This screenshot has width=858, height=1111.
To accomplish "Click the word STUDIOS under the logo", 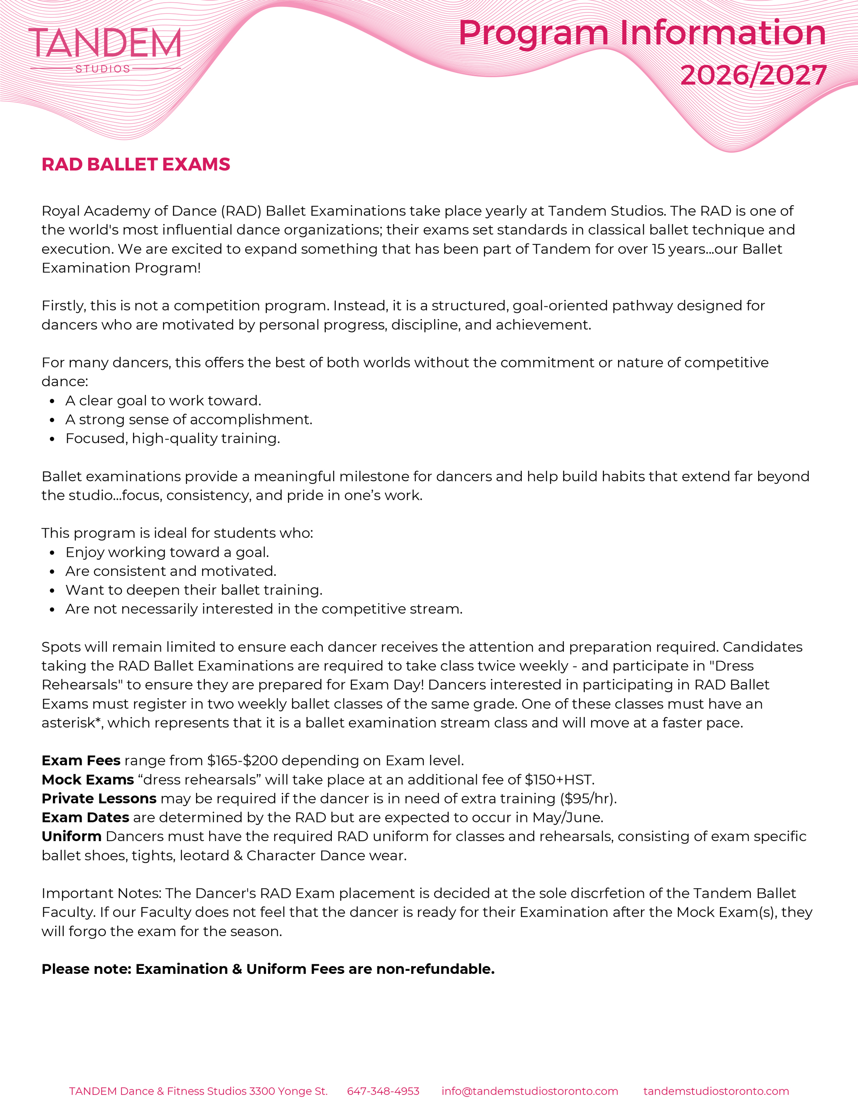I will (x=103, y=69).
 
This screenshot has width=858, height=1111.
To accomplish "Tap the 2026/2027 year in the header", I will (x=753, y=75).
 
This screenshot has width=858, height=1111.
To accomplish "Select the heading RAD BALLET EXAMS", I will (x=136, y=164).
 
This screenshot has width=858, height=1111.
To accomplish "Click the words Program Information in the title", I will (x=642, y=33).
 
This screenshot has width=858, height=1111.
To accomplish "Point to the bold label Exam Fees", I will (x=81, y=760).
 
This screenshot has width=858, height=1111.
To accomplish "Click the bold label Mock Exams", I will (x=88, y=779).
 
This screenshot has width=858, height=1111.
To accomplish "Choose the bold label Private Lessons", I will (x=98, y=798).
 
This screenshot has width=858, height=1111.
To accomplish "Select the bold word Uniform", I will (x=71, y=836).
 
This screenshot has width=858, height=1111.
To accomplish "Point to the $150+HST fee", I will (x=559, y=779).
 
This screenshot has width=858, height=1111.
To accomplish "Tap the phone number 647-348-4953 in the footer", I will (x=383, y=1091).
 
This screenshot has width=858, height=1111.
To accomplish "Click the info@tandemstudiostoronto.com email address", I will (x=530, y=1091).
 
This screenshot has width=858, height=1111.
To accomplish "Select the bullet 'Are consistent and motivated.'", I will (x=170, y=571).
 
